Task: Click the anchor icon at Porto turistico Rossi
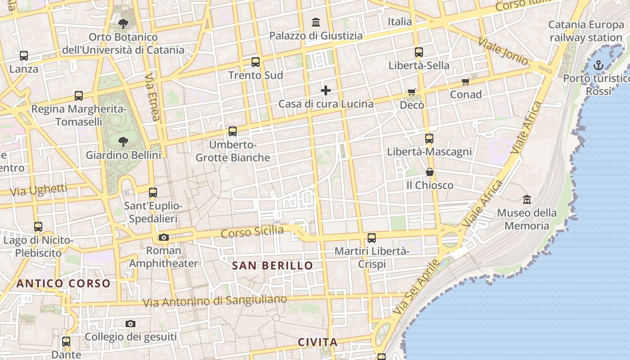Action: (x=598, y=66)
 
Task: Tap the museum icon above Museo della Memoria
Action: (x=526, y=199)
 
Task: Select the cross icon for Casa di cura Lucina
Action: (x=326, y=90)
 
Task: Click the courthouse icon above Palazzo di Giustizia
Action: (x=316, y=22)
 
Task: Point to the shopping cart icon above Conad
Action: (x=465, y=82)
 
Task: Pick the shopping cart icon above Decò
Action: (x=411, y=92)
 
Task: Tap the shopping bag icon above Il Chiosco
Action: (x=430, y=172)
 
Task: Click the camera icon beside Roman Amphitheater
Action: (x=164, y=237)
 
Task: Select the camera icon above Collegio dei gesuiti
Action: (x=130, y=324)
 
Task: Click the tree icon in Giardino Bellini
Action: (x=123, y=142)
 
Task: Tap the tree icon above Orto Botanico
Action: (x=123, y=24)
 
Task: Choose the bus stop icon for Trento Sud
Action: (x=256, y=62)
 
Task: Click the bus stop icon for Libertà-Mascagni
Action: (x=429, y=139)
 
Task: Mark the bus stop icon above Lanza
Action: (x=24, y=56)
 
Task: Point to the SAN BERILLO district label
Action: (x=272, y=265)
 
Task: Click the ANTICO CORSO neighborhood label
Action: (x=63, y=283)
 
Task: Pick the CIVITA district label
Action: (x=318, y=342)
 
